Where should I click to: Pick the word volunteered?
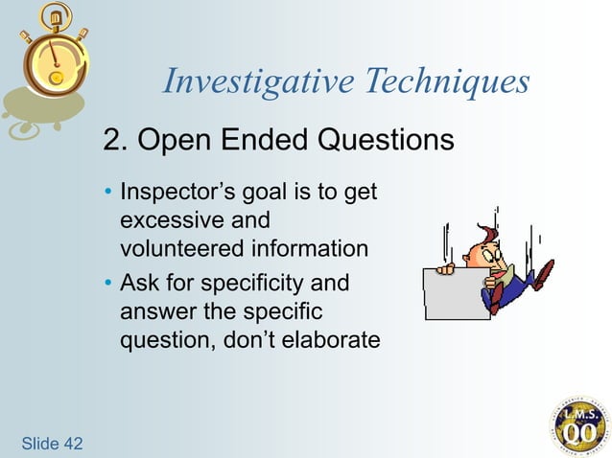(180, 248)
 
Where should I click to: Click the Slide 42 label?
(50, 443)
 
